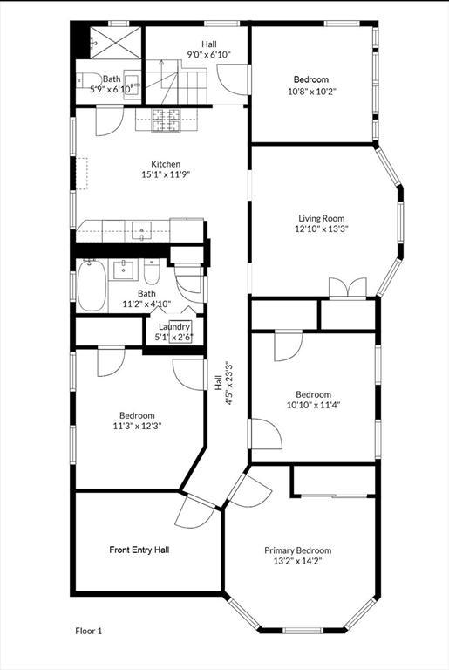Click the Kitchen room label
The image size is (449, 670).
pos(166,164)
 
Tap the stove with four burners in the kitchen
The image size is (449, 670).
pos(167,120)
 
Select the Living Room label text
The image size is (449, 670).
pos(321,218)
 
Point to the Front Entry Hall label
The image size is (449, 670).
pos(139,550)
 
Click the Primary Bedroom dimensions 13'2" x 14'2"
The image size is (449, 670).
pos(298,561)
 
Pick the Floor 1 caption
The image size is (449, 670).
pos(88,631)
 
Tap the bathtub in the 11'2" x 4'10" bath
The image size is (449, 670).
pos(92,285)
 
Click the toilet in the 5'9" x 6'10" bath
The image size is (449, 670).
pos(84,80)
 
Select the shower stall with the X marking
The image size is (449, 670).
pos(116,42)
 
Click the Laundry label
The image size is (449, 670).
pos(174,327)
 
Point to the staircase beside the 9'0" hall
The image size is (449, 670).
pos(176,81)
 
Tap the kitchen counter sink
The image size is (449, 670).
pos(142,231)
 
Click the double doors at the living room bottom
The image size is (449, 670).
pos(348,287)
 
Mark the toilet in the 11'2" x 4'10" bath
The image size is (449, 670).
pos(151,271)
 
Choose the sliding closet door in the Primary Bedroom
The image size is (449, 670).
pos(335,496)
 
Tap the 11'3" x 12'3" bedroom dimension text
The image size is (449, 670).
pos(137,426)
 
